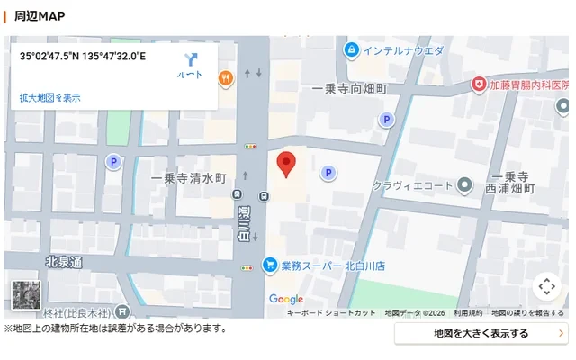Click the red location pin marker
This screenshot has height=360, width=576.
click(x=286, y=164)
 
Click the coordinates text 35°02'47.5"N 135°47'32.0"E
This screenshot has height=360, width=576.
click(x=83, y=57)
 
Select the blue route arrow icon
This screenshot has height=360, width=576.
click(x=190, y=61)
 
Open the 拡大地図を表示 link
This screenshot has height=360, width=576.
click(x=50, y=97)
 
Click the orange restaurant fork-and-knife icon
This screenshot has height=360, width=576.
click(x=225, y=78)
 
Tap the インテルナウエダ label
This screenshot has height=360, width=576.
click(x=402, y=50)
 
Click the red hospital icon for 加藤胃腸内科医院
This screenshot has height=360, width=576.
click(x=479, y=84)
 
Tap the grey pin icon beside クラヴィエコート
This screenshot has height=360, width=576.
click(x=464, y=185)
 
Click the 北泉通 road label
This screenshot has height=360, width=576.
click(x=63, y=262)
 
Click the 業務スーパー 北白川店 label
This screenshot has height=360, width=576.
click(x=333, y=265)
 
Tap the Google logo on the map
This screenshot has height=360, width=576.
click(x=286, y=299)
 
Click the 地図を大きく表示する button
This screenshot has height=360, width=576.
click(x=481, y=333)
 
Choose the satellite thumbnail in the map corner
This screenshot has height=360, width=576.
click(x=26, y=297)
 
